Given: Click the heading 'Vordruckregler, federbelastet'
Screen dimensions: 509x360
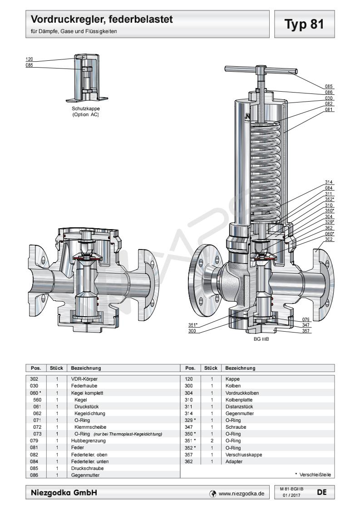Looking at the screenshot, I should [x=102, y=20].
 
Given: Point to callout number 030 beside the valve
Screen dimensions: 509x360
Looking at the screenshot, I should [x=329, y=98].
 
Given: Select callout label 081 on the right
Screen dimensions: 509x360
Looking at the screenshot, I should [x=329, y=110].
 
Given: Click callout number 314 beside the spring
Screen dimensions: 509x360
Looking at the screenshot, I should [x=329, y=182].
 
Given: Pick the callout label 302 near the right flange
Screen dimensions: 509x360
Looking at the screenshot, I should [x=329, y=239].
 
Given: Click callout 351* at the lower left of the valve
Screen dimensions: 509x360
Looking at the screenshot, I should [x=193, y=325].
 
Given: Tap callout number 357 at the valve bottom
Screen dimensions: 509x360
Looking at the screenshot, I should [x=306, y=331].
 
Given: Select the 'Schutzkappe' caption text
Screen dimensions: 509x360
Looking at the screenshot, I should [x=85, y=109].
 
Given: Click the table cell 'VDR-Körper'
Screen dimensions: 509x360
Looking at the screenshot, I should [x=84, y=378].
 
